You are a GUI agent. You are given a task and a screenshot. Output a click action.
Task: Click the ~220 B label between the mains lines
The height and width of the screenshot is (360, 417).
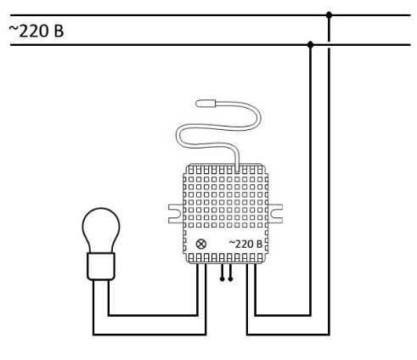point(37,31)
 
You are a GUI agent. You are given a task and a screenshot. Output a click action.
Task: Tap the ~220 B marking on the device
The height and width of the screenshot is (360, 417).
point(245,244)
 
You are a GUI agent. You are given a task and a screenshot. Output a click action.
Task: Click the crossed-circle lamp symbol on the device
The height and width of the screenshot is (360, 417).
point(201,244)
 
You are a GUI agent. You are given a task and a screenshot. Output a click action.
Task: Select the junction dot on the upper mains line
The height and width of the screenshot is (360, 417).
point(329,15)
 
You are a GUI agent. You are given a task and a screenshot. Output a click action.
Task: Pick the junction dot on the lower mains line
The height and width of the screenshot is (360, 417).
point(310,45)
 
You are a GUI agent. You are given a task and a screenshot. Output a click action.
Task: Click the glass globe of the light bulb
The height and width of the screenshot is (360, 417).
point(101,230)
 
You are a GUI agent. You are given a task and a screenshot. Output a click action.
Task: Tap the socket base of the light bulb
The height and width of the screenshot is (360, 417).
point(101,267)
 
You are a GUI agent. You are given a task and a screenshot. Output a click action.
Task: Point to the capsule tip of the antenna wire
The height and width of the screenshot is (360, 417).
point(206,104)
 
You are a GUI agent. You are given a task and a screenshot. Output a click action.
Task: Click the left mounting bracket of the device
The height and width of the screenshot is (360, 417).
point(176,214)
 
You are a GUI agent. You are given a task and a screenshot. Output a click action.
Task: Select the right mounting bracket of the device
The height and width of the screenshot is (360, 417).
point(275,214)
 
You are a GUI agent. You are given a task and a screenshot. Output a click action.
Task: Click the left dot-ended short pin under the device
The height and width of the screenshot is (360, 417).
point(222,273)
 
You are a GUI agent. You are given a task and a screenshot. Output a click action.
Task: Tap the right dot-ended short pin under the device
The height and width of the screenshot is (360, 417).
point(230,273)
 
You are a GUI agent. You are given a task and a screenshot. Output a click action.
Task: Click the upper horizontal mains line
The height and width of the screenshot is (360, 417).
point(211,15)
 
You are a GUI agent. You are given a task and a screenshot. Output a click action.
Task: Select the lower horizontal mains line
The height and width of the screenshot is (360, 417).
point(211,45)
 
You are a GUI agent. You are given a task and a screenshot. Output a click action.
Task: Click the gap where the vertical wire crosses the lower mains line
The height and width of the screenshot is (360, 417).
point(329,45)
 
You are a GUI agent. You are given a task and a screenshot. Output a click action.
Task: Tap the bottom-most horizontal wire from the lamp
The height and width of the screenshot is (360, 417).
point(149,335)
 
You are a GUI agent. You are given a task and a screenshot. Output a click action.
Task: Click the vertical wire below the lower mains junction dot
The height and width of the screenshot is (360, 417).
point(310,180)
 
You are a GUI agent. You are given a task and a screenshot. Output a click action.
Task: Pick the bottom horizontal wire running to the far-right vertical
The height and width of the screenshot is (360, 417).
point(288,335)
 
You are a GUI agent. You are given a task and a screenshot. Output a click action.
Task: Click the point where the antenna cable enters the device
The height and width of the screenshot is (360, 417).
point(237,169)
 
